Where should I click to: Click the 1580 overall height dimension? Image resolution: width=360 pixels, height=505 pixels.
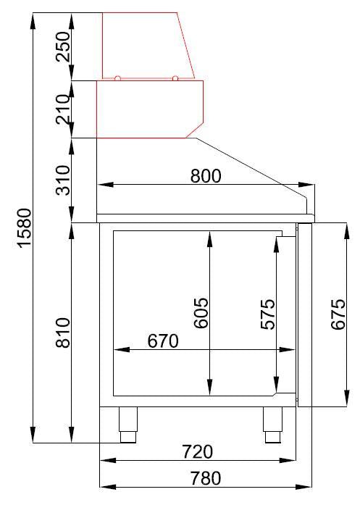pyautogui.click(x=24, y=228)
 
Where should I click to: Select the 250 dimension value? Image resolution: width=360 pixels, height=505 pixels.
pyautogui.click(x=63, y=46)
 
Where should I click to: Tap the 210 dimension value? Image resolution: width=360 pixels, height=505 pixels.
pyautogui.click(x=63, y=108)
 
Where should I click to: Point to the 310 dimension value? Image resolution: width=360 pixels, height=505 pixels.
pyautogui.click(x=63, y=180)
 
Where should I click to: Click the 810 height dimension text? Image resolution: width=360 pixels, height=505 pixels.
pyautogui.click(x=63, y=333)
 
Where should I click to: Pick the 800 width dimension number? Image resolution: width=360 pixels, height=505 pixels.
pyautogui.click(x=205, y=175)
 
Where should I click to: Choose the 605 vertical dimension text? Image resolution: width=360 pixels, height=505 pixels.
pyautogui.click(x=201, y=312)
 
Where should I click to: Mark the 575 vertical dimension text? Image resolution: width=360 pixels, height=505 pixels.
pyautogui.click(x=267, y=314)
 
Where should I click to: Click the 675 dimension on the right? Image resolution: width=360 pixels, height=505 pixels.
pyautogui.click(x=338, y=314)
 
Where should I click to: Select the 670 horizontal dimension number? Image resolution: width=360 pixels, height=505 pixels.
pyautogui.click(x=163, y=341)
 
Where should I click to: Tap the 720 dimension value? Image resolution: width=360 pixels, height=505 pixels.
pyautogui.click(x=197, y=452)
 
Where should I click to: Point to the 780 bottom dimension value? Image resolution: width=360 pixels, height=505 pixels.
pyautogui.click(x=205, y=477)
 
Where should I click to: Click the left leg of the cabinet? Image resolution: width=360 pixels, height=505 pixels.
pyautogui.click(x=128, y=424)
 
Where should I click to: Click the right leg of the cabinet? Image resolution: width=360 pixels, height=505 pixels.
pyautogui.click(x=272, y=424)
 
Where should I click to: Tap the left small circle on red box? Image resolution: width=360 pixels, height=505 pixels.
pyautogui.click(x=117, y=78)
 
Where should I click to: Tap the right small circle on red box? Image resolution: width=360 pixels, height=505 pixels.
pyautogui.click(x=175, y=78)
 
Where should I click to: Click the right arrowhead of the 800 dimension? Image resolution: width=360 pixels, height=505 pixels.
pyautogui.click(x=311, y=185)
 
